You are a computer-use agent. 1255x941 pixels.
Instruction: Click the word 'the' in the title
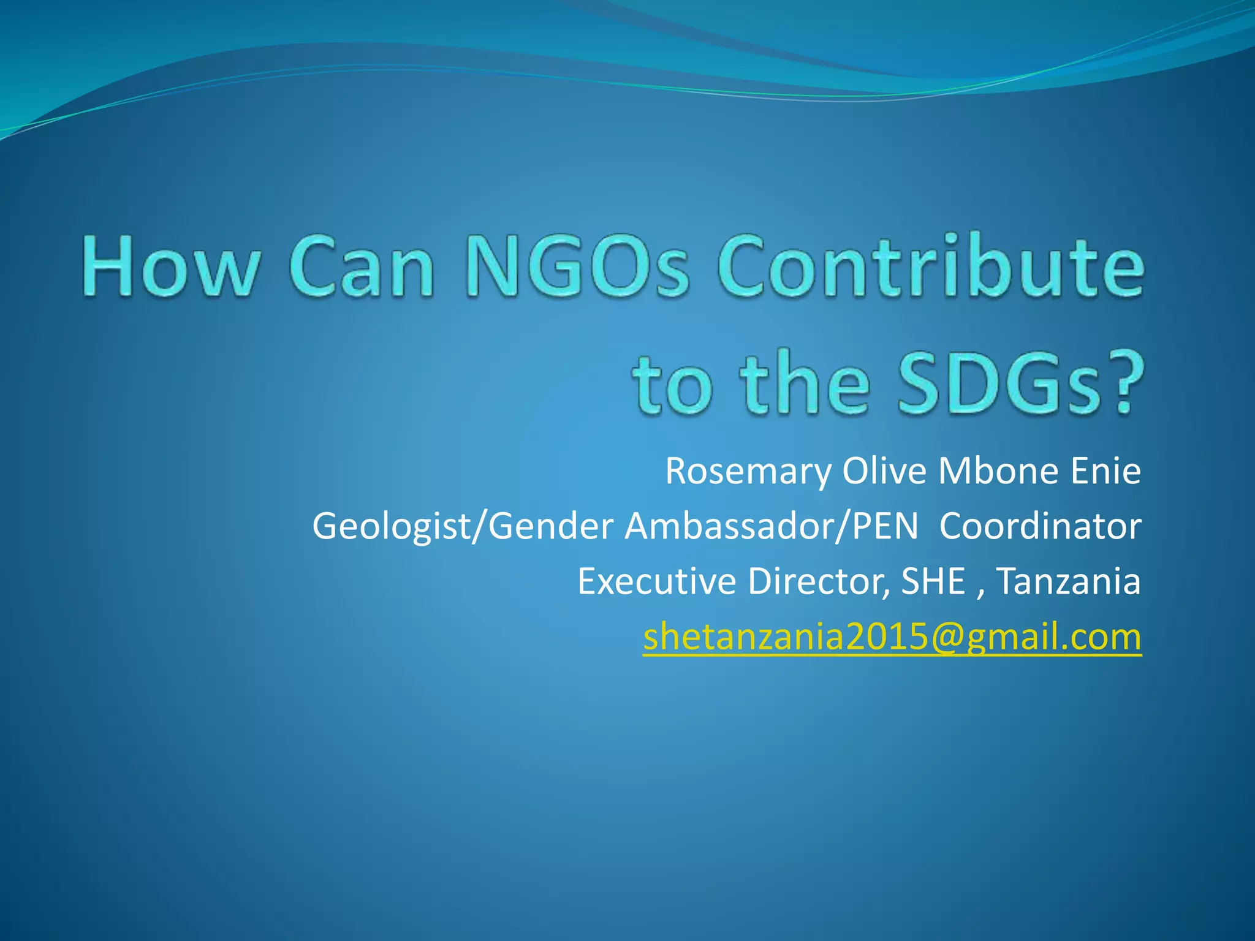pyautogui.click(x=806, y=384)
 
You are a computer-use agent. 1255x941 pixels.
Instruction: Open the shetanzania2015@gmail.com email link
pyautogui.click(x=892, y=637)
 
